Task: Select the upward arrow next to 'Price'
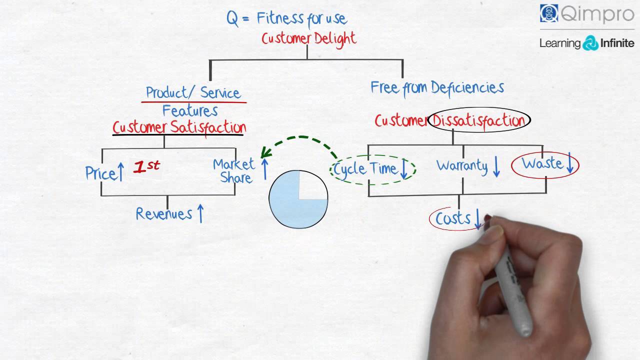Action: (120, 172)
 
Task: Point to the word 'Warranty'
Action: (462, 165)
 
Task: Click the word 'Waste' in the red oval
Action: (541, 163)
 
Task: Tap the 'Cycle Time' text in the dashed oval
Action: (365, 169)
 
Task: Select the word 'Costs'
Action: (453, 218)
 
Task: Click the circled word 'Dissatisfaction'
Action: (478, 120)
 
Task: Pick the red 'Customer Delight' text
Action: (309, 38)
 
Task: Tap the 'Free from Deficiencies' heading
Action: (437, 88)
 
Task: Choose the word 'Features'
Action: (190, 110)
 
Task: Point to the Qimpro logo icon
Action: (549, 13)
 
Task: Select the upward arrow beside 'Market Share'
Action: (264, 169)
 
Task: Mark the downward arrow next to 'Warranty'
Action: (496, 167)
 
